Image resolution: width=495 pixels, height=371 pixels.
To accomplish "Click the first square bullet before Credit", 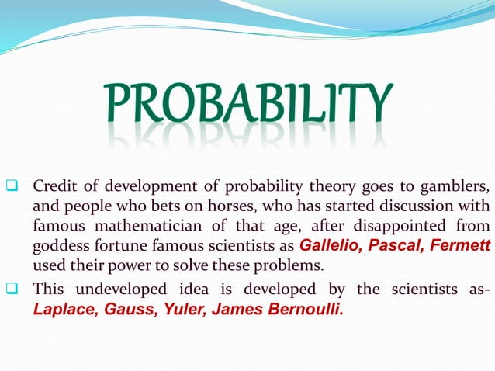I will pyautogui.click(x=11, y=187).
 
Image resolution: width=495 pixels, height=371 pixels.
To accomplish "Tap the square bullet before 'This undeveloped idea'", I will pyautogui.click(x=11, y=290).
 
